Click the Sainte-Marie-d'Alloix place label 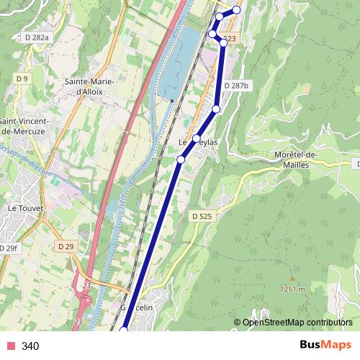(x=89, y=86)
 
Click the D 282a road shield (x=36, y=37)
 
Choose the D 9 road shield (x=21, y=78)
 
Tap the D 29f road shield (x=8, y=248)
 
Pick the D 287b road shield (x=235, y=86)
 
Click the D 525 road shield (x=202, y=215)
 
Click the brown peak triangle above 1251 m (x=292, y=278)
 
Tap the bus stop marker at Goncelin (x=124, y=330)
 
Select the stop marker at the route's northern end (x=236, y=10)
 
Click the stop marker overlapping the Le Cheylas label (x=196, y=138)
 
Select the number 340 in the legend (x=30, y=346)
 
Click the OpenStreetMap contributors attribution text (x=297, y=323)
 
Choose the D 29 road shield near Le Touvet (x=66, y=246)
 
